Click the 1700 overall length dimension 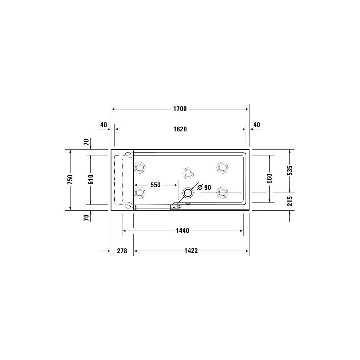[180, 109]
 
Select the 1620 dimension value [180, 129]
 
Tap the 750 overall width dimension [70, 180]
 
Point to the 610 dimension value [91, 180]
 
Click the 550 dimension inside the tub [156, 185]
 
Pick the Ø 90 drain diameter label [204, 187]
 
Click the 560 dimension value [270, 179]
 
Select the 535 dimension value [290, 170]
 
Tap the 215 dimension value [290, 201]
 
